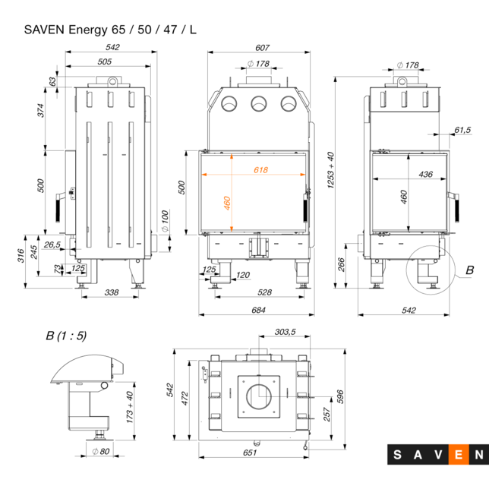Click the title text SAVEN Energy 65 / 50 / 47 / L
pyautogui.click(x=111, y=30)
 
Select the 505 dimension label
pyautogui.click(x=105, y=62)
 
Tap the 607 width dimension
pyautogui.click(x=258, y=48)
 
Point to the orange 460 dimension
pyautogui.click(x=226, y=203)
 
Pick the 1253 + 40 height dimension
pyautogui.click(x=330, y=175)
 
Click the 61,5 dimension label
pyautogui.click(x=462, y=130)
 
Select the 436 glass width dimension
pyautogui.click(x=425, y=174)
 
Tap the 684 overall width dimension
pyautogui.click(x=258, y=310)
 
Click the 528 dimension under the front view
pyautogui.click(x=264, y=292)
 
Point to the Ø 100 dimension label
pyautogui.click(x=165, y=221)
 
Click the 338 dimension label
pyautogui.click(x=111, y=292)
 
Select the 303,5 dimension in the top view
pyautogui.click(x=286, y=332)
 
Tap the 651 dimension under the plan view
pyautogui.click(x=251, y=453)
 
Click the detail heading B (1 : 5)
pyautogui.click(x=66, y=335)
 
